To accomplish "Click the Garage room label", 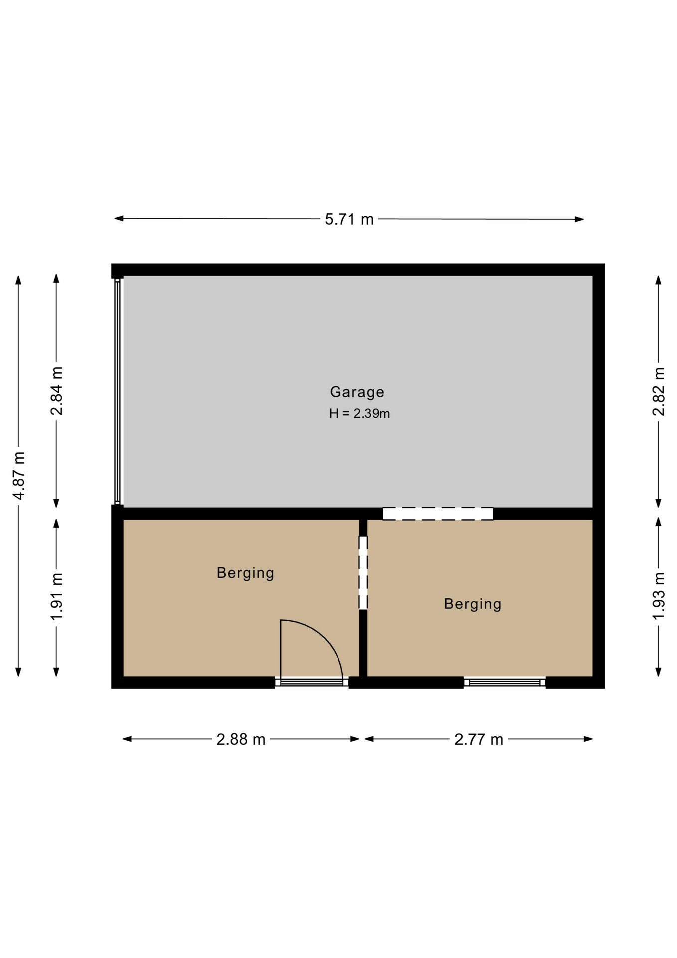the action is [357, 392].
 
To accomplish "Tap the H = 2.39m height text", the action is [359, 413].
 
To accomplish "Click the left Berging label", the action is [245, 573].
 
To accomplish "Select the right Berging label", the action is [473, 604].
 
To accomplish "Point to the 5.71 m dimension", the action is [349, 219].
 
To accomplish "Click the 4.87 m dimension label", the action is [19, 476].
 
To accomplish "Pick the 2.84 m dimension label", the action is [57, 391].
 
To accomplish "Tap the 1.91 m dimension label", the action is [57, 596].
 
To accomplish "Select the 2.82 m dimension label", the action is [659, 391].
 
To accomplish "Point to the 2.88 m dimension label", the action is [241, 739].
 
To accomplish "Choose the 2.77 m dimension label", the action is [479, 739].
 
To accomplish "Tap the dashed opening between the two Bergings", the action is [363, 573].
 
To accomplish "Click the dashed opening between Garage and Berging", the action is [438, 514].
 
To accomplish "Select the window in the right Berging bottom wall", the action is [505, 682].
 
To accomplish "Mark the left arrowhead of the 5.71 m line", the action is [119, 218].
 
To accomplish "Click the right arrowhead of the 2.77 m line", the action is [588, 739].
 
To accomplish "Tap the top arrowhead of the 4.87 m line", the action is [18, 280].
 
